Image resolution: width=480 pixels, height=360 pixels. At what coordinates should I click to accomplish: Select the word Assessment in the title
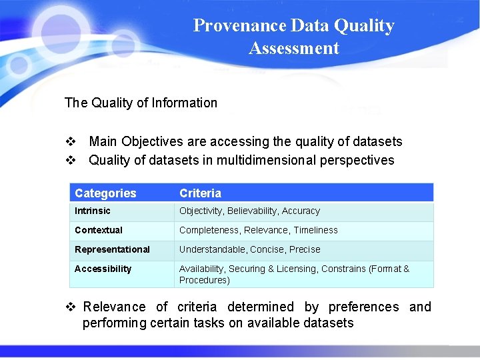click(x=294, y=48)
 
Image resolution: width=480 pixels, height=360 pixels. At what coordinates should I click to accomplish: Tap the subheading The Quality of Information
click(x=141, y=103)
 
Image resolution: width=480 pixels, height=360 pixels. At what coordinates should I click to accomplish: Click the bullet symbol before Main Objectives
click(x=70, y=141)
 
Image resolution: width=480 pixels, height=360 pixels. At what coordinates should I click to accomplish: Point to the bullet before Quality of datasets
click(x=70, y=160)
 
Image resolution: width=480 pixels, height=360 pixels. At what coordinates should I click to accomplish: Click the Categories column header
click(x=105, y=193)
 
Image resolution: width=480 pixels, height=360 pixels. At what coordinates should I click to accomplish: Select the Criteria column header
click(x=200, y=193)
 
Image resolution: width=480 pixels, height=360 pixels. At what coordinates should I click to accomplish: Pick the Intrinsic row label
click(x=93, y=211)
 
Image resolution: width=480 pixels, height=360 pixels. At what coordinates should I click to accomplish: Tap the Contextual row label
click(x=99, y=230)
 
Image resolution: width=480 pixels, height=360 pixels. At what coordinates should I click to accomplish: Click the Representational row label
click(x=112, y=249)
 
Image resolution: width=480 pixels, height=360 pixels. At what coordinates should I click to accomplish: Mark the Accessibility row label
click(x=103, y=269)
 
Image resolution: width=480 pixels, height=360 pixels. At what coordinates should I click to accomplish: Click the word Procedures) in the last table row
click(x=204, y=280)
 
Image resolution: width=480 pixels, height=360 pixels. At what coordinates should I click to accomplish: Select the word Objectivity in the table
click(x=200, y=211)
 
